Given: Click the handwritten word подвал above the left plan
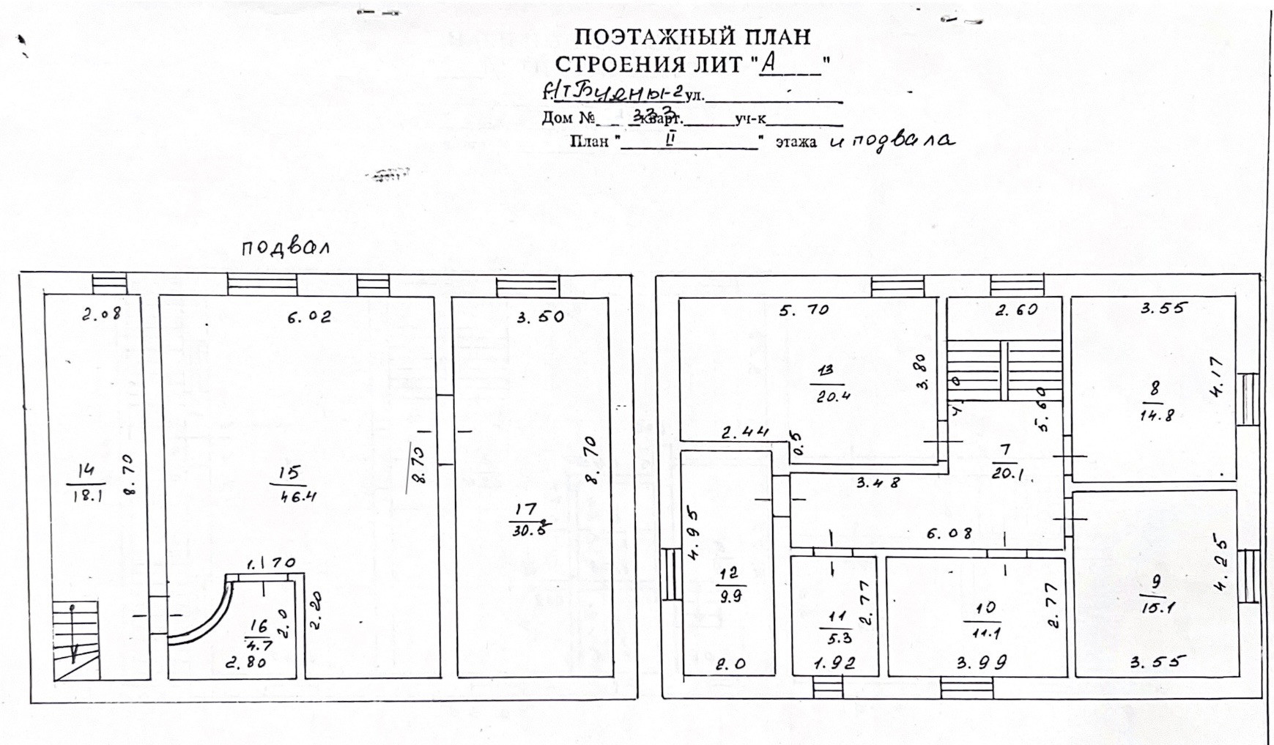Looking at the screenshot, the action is pyautogui.click(x=285, y=247).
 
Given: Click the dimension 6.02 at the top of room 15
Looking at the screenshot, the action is pyautogui.click(x=308, y=316).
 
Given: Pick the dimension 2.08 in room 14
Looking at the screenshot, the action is pyautogui.click(x=100, y=315).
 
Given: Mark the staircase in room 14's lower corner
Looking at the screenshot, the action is pyautogui.click(x=75, y=640).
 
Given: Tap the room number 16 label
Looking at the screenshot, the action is pyautogui.click(x=259, y=626).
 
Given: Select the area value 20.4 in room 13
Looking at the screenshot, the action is pyautogui.click(x=833, y=397).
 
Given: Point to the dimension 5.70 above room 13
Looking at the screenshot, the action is pyautogui.click(x=804, y=311).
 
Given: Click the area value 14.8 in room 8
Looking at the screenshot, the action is pyautogui.click(x=1157, y=415).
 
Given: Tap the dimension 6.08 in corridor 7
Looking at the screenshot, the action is pyautogui.click(x=949, y=534).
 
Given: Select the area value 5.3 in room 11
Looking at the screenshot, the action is pyautogui.click(x=835, y=638).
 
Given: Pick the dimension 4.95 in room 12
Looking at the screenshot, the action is pyautogui.click(x=694, y=535).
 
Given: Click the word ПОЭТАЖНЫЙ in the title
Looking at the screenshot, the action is pyautogui.click(x=650, y=36).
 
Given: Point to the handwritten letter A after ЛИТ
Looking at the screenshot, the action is pyautogui.click(x=769, y=63).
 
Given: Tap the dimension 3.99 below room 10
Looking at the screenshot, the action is pyautogui.click(x=982, y=663).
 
